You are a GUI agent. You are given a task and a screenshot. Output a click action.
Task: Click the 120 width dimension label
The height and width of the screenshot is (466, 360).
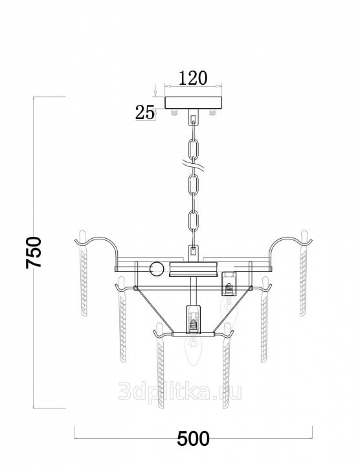tap(193, 78)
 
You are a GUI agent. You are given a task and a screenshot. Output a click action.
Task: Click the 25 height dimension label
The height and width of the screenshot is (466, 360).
tap(145, 113)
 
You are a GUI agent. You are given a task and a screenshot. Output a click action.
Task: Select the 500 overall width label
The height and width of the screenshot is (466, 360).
tap(193, 439)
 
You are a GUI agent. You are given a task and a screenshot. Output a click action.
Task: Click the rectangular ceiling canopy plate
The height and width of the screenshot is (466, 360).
tap(193, 102)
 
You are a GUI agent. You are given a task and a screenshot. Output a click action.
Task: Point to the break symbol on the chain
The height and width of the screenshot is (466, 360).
tap(193, 166)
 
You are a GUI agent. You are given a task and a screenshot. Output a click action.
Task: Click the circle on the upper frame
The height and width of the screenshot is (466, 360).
tap(156, 269)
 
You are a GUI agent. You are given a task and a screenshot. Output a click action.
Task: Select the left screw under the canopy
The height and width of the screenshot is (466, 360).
tap(174, 112)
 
